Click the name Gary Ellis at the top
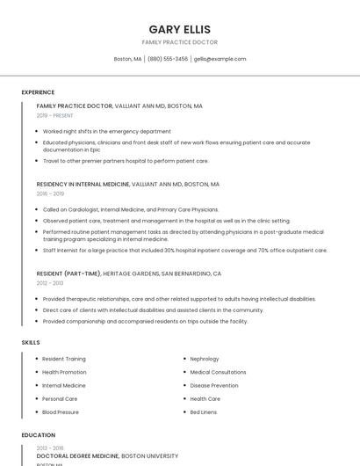[x=179, y=29]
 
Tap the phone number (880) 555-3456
[x=167, y=59]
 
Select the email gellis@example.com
[x=220, y=59]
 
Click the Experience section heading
[x=38, y=92]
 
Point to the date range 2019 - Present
[x=55, y=115]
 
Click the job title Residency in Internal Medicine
[x=83, y=185]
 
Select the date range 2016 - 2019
[x=50, y=193]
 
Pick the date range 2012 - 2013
[x=50, y=283]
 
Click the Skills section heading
[x=30, y=342]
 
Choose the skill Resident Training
[x=64, y=359]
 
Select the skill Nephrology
[x=205, y=359]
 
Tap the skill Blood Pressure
[x=61, y=411]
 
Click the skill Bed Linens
[x=204, y=411]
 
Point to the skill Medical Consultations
[x=218, y=372]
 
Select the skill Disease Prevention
[x=214, y=385]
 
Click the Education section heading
[x=38, y=435]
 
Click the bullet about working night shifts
[x=106, y=131]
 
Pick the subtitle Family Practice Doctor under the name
[x=179, y=42]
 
